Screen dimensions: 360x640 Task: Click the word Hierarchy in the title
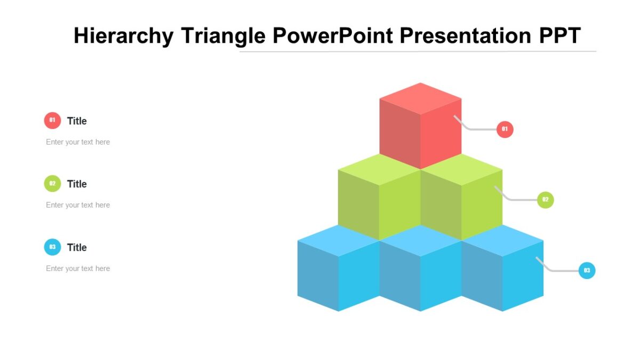pos(124,36)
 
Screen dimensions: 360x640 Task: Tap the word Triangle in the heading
pos(223,36)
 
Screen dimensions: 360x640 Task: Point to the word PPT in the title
pos(559,36)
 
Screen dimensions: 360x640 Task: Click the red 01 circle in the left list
pos(52,121)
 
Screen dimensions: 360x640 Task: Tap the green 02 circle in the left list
pos(52,183)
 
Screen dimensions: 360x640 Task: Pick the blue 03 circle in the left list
pos(52,247)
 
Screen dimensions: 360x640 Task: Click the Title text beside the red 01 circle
pos(77,121)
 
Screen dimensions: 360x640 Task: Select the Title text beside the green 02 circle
pos(77,184)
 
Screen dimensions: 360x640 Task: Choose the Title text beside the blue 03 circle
pos(77,247)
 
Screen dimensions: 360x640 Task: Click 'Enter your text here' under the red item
pos(78,142)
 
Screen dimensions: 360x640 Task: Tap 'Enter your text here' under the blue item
pos(78,268)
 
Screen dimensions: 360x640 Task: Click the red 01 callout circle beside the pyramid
pos(505,129)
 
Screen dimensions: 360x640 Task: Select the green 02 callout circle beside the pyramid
pos(545,200)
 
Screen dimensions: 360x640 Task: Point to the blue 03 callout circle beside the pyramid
pos(587,270)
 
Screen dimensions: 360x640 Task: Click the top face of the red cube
pos(420,98)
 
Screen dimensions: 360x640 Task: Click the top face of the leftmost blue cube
pos(338,241)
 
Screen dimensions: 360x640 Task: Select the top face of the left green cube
pos(379,169)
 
